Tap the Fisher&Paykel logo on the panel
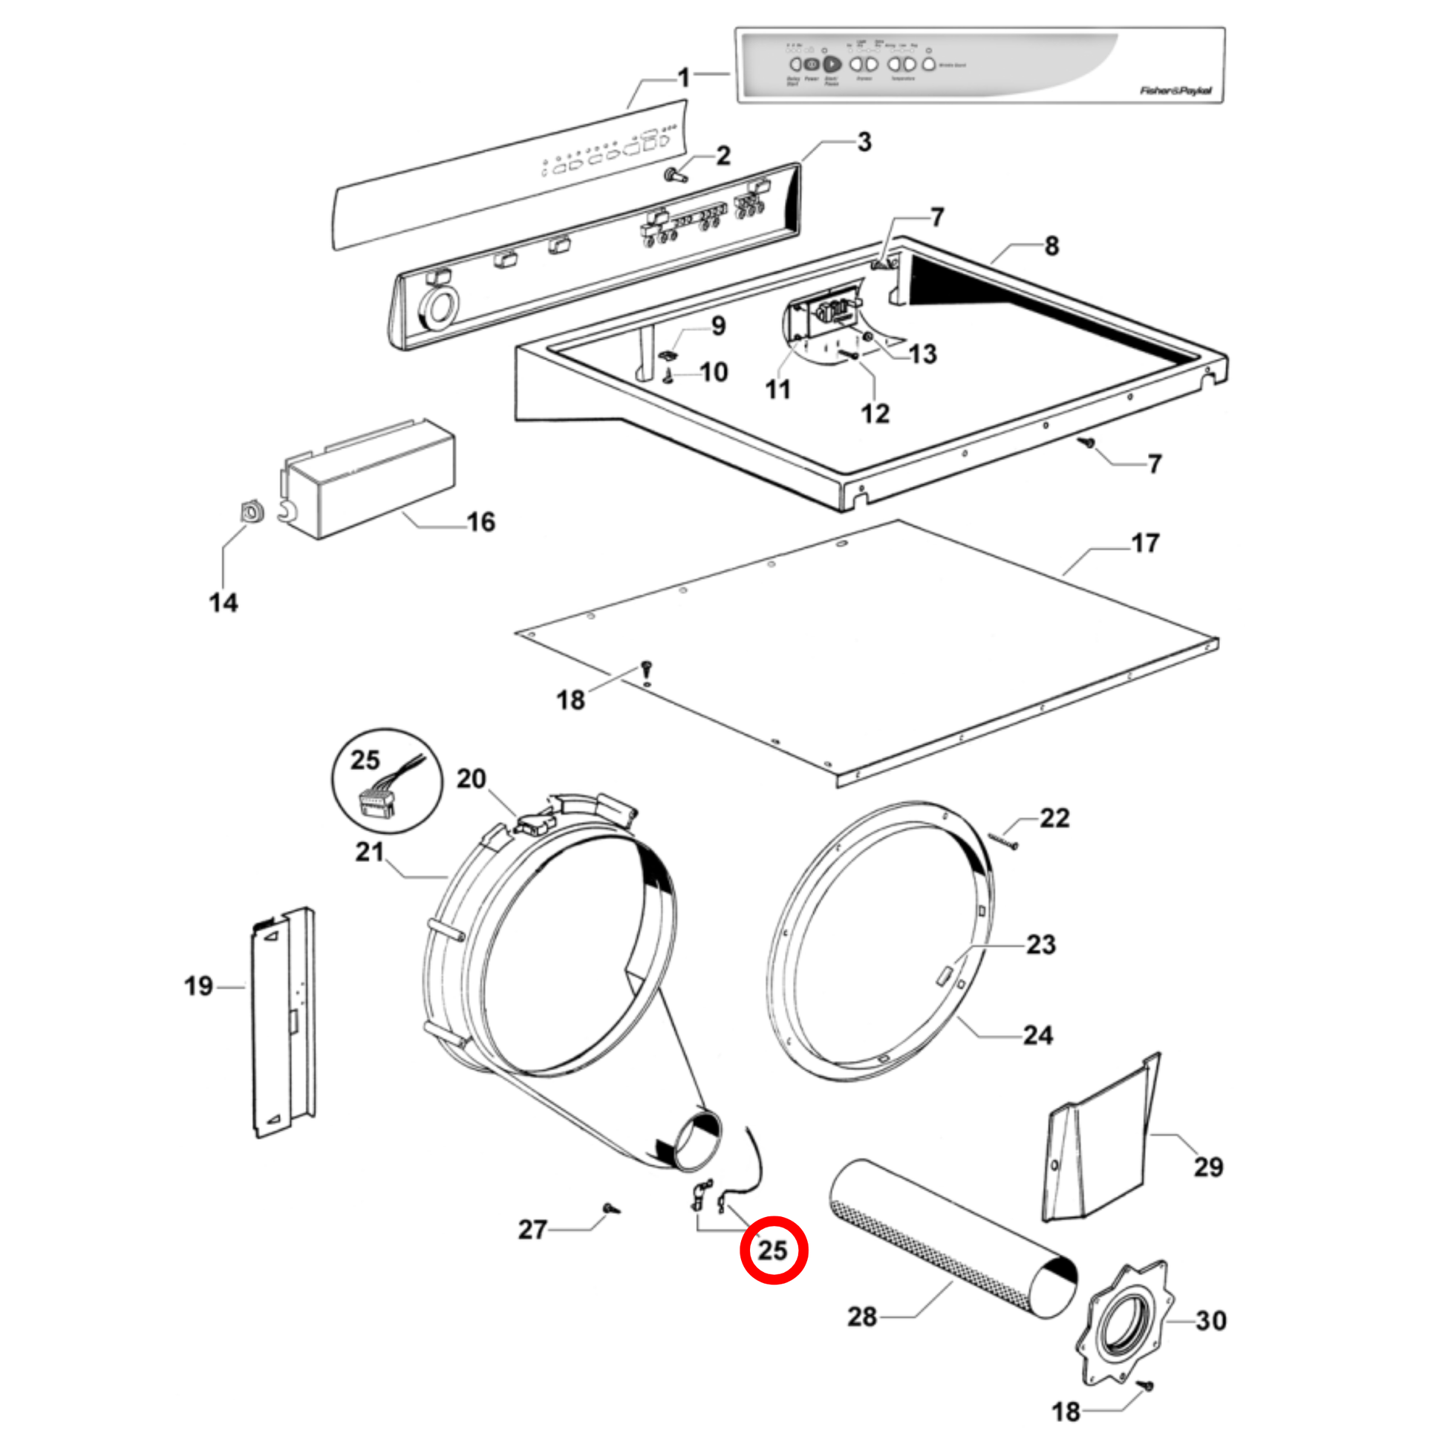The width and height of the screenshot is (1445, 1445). pyautogui.click(x=1175, y=91)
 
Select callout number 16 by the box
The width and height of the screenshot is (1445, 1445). pyautogui.click(x=481, y=521)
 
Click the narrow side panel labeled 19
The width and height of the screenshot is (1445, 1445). pyautogui.click(x=284, y=1022)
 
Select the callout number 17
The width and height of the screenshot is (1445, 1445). pyautogui.click(x=1145, y=543)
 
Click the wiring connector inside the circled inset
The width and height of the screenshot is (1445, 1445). pyautogui.click(x=376, y=801)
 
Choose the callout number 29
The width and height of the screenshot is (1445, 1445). pyautogui.click(x=1208, y=1166)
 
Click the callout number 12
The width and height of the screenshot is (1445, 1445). pyautogui.click(x=875, y=414)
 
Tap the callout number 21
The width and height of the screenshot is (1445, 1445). pyautogui.click(x=369, y=851)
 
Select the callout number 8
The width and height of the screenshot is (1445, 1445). pyautogui.click(x=1051, y=245)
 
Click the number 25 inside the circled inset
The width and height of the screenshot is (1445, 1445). pyautogui.click(x=365, y=760)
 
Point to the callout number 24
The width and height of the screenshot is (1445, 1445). pyautogui.click(x=1038, y=1035)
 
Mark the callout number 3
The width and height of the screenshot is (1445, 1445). pyautogui.click(x=864, y=141)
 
